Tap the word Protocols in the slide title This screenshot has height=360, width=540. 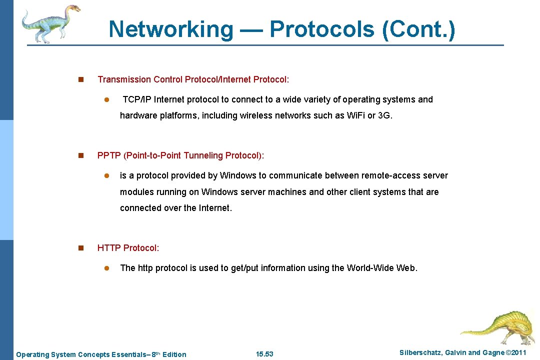[x=322, y=29]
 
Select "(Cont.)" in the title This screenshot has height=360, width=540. [x=418, y=29]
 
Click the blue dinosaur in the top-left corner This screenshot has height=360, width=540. [x=49, y=22]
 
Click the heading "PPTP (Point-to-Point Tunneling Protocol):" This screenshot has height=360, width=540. [x=180, y=155]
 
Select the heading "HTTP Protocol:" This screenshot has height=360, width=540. [x=128, y=248]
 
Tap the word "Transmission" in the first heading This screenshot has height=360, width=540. [x=124, y=79]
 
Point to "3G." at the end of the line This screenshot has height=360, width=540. [x=385, y=115]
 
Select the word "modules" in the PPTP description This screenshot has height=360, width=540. [x=136, y=192]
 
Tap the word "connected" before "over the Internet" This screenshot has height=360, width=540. [x=140, y=208]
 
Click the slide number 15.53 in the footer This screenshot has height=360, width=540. [x=264, y=354]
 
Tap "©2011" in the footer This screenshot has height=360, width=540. [x=516, y=353]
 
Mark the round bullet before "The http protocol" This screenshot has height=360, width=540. [x=106, y=268]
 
